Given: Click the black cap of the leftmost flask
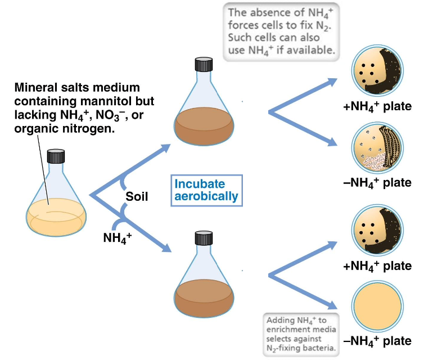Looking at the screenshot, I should coord(56,156).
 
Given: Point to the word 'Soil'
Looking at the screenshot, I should coord(137,197).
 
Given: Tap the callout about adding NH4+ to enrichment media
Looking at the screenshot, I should coord(301,334).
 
